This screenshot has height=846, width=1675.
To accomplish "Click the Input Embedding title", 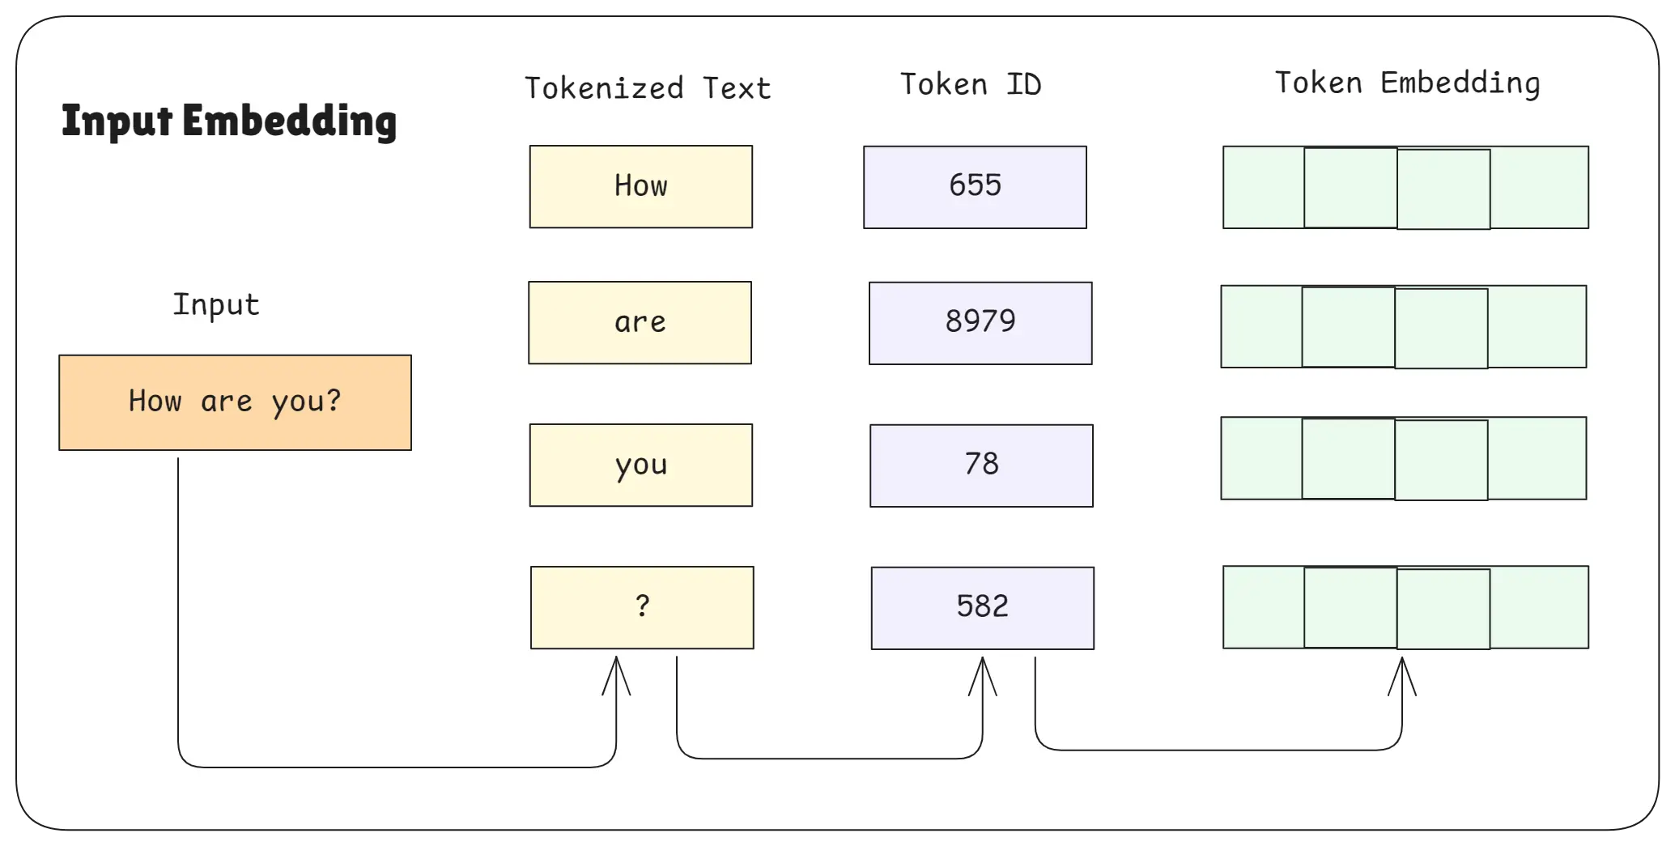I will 229,121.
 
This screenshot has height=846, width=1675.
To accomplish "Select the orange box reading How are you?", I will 235,402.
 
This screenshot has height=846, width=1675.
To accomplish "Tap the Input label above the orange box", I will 216,304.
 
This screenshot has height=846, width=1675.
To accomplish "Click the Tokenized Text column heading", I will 648,87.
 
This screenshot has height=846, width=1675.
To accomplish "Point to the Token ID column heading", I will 971,84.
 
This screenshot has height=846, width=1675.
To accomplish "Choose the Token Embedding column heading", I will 1407,83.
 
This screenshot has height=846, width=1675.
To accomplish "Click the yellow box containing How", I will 641,187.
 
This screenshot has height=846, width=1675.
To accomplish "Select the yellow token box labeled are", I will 640,323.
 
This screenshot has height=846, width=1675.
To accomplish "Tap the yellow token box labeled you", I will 641,466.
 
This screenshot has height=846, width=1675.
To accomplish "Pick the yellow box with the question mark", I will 642,607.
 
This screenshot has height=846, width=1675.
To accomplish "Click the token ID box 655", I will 975,187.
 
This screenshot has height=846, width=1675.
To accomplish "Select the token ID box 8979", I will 980,323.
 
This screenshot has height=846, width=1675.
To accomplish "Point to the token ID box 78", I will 981,466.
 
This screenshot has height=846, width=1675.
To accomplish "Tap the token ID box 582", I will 982,608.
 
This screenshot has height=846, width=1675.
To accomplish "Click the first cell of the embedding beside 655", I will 1264,187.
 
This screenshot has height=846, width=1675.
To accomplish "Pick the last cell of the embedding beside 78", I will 1537,458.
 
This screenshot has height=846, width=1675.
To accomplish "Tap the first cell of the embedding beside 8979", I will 1261,326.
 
